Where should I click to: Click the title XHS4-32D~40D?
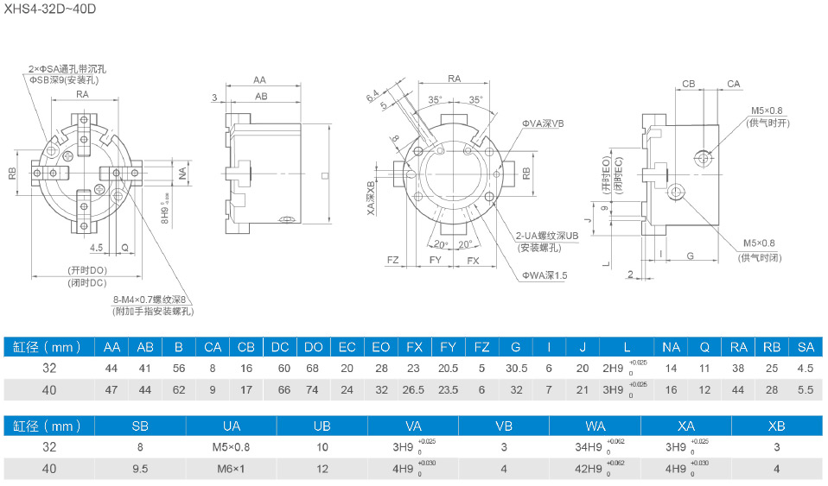pos(48,9)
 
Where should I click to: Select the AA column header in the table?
pos(111,347)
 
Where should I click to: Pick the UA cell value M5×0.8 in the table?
pos(232,447)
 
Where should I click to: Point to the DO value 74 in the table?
pos(314,390)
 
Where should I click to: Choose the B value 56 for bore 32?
pos(179,369)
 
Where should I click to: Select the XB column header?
pos(776,426)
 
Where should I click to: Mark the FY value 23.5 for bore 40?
pos(448,390)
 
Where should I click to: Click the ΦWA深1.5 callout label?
pos(544,275)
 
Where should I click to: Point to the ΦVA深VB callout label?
pos(542,124)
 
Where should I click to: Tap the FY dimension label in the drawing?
pos(435,260)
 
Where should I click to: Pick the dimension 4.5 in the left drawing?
pos(96,248)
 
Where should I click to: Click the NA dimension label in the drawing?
pos(182,173)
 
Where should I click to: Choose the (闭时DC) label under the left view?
pos(86,282)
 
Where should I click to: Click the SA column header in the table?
pos(806,347)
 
